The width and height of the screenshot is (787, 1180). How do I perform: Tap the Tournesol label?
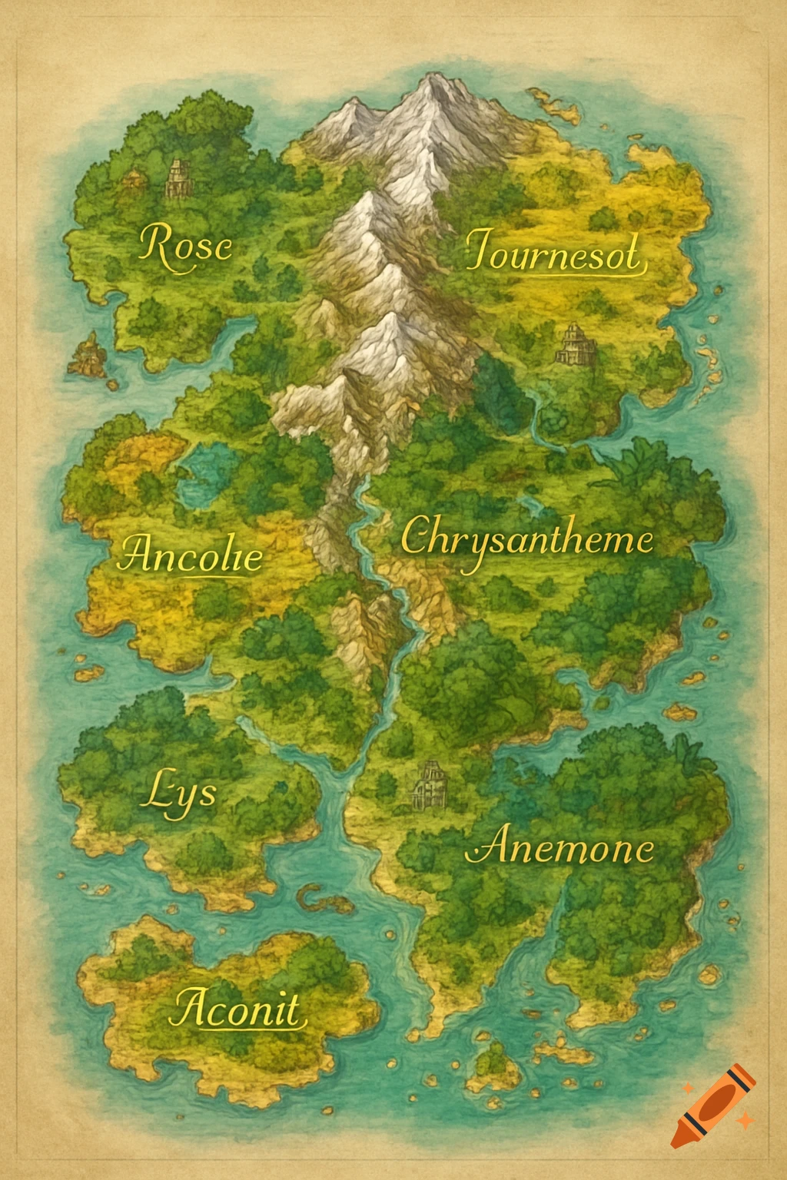[553, 252]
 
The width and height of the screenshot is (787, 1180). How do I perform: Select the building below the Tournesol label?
[576, 345]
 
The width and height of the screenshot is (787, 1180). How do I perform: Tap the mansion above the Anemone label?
[430, 784]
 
